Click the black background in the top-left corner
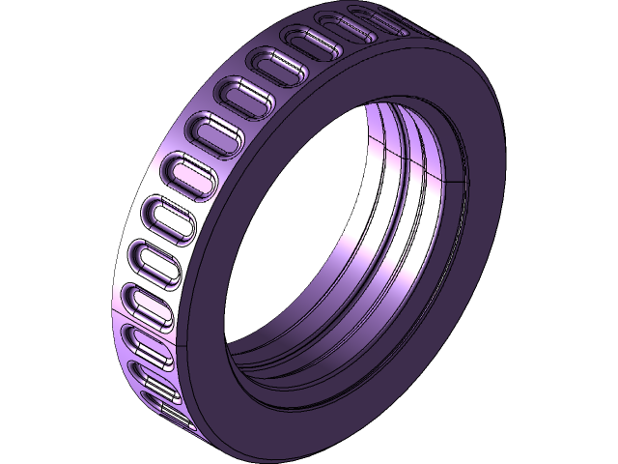[x=39, y=39]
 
